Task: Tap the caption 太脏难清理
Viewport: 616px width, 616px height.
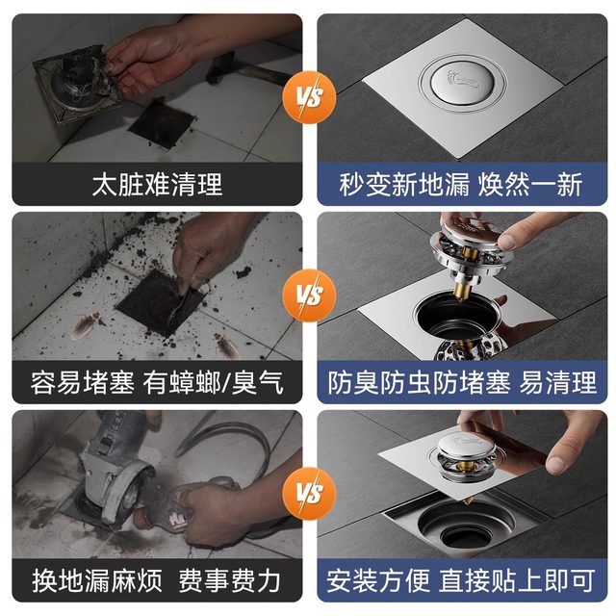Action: tap(157, 184)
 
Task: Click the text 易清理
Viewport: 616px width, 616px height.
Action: tap(558, 383)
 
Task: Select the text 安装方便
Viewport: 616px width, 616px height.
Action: tap(377, 580)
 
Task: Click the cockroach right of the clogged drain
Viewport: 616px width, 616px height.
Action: tap(232, 342)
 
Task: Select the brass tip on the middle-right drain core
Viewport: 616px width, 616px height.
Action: tap(464, 284)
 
